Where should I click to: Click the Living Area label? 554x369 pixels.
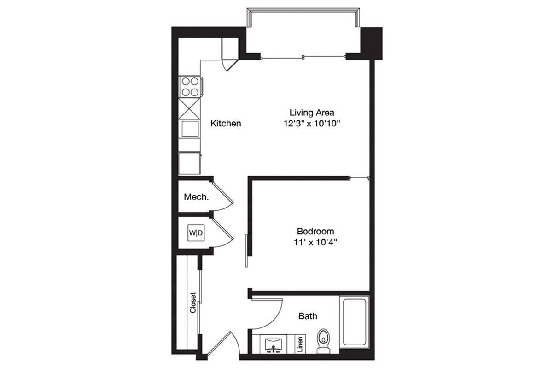click(x=312, y=113)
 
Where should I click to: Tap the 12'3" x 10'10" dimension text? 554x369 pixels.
click(x=312, y=123)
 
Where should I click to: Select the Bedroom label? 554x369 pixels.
click(x=315, y=231)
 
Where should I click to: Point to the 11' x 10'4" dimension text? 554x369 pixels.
click(x=315, y=242)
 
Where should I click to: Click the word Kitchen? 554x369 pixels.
click(x=226, y=123)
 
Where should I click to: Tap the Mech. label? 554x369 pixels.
click(x=196, y=197)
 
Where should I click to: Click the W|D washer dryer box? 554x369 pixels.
click(x=196, y=232)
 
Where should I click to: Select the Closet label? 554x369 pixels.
click(x=193, y=303)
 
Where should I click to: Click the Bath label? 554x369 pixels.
click(x=308, y=316)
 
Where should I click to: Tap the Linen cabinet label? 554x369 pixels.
click(x=300, y=344)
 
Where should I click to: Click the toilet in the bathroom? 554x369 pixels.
click(x=323, y=341)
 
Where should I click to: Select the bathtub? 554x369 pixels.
click(x=355, y=322)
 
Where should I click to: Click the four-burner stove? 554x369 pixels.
click(x=190, y=87)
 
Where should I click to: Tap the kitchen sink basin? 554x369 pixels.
click(x=190, y=129)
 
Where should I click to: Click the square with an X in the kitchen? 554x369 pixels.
click(x=189, y=108)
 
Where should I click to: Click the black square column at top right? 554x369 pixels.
click(x=371, y=43)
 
